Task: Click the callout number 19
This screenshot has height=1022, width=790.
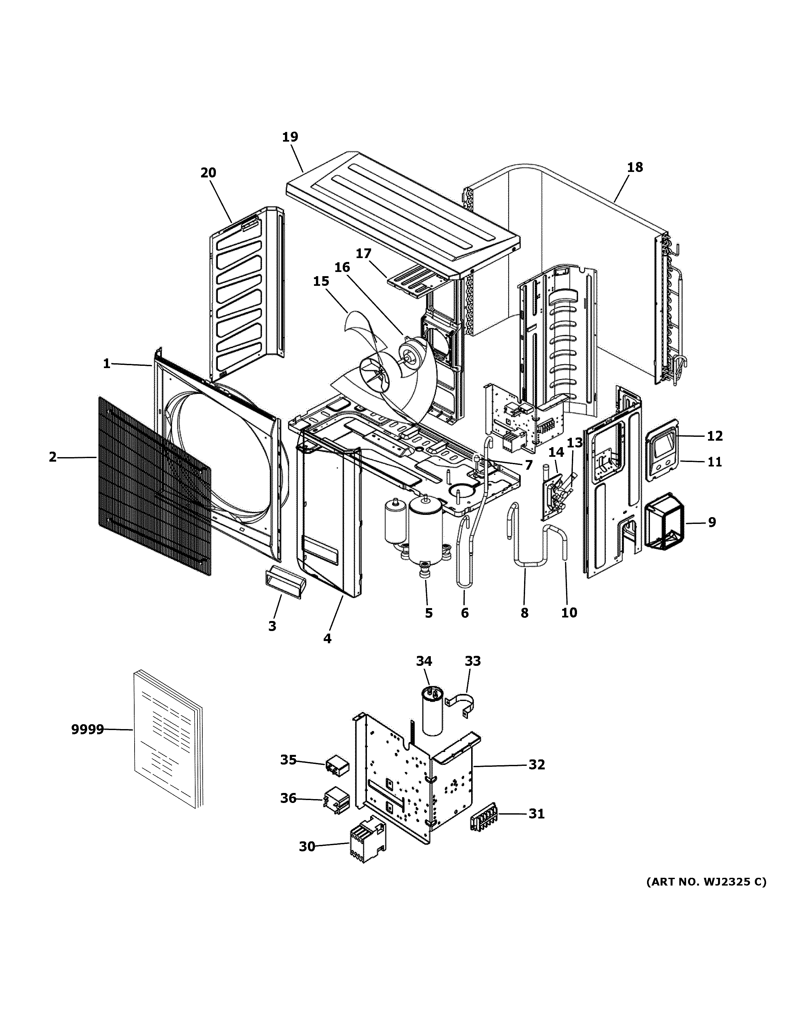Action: [290, 137]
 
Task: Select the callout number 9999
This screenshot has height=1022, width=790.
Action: [87, 729]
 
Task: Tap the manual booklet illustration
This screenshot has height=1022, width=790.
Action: [168, 739]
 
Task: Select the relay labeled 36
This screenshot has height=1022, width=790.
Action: [337, 797]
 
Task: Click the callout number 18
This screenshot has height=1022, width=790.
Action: [635, 167]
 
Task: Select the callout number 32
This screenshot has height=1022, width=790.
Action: [537, 765]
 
